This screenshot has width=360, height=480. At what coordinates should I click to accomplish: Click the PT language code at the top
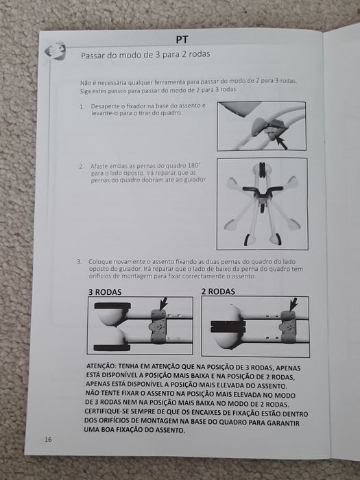tap(182, 40)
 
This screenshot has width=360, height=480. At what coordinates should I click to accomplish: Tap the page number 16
tap(48, 440)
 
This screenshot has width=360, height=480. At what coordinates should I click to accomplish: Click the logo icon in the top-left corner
tap(56, 51)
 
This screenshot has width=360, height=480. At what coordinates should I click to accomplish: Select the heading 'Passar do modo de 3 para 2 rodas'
tap(145, 55)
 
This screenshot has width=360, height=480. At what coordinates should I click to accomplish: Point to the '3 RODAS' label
tap(105, 292)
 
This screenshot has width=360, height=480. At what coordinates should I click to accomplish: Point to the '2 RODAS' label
tap(218, 291)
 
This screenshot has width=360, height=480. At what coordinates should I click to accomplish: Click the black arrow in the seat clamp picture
tap(281, 143)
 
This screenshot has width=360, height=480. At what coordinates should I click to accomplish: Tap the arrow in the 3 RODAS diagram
tap(163, 303)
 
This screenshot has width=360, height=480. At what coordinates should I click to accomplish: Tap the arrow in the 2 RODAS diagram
tap(293, 304)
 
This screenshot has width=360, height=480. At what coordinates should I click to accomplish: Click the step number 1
tap(82, 107)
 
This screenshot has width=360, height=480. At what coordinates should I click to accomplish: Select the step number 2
tap(81, 167)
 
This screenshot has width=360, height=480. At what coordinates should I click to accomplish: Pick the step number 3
tap(80, 262)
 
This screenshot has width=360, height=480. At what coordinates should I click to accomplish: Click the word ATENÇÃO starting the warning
tap(100, 365)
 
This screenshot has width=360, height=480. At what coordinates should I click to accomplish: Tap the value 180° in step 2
tap(194, 166)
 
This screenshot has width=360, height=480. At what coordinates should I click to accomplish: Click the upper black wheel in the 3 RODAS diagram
tap(112, 306)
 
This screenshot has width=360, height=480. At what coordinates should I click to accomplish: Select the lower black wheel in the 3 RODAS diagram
tap(112, 348)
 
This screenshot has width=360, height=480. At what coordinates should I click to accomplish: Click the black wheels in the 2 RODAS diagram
tap(228, 326)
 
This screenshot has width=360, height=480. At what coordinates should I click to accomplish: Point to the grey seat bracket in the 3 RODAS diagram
tap(158, 326)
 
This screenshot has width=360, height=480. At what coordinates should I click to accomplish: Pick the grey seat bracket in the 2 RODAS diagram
tap(288, 327)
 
